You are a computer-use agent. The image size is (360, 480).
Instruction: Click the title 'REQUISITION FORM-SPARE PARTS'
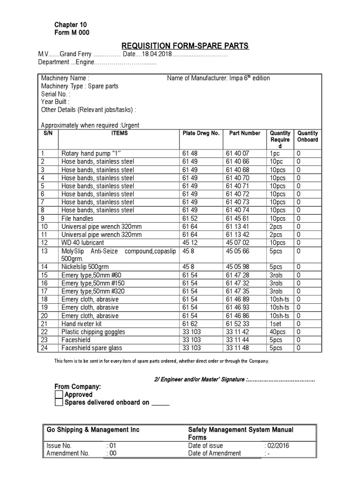[185, 45]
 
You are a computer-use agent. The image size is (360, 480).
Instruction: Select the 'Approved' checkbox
[59, 395]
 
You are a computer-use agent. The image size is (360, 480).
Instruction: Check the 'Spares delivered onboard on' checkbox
[59, 403]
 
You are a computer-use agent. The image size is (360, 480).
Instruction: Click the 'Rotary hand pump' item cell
[91, 153]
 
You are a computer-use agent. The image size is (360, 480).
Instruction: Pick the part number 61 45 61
[238, 218]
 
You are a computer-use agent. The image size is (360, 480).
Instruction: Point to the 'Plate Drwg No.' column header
[200, 133]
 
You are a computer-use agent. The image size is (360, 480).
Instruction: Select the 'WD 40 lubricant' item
[83, 243]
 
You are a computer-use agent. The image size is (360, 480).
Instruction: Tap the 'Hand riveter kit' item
[82, 324]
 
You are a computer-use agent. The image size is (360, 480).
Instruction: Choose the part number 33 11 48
[238, 348]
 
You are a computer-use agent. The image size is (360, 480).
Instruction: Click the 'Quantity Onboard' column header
[307, 136]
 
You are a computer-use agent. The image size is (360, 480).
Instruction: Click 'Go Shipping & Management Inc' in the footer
[93, 430]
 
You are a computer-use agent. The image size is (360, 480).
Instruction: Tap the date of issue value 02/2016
[277, 446]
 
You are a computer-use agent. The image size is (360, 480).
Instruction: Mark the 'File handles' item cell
[77, 218]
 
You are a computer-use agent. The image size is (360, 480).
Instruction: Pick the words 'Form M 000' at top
[72, 32]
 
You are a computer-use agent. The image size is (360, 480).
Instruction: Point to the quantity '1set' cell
[276, 324]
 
